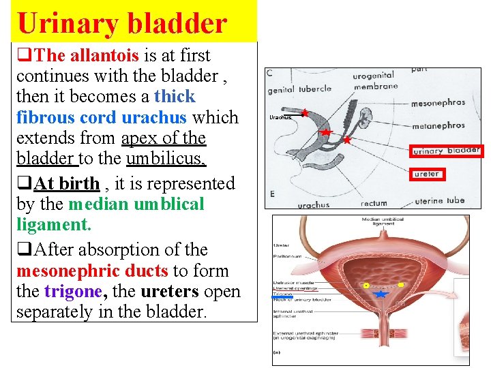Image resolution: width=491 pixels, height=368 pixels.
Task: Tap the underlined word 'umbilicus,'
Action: pos(166,159)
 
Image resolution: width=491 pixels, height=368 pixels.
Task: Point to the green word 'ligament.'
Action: pos(54,224)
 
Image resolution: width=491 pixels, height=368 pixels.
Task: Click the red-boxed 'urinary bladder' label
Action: pos(446,151)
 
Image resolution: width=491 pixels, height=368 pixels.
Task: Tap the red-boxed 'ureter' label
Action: pos(428,174)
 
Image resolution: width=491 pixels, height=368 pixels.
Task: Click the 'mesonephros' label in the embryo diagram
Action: pos(438,104)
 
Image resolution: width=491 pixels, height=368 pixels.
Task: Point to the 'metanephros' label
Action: pos(438,125)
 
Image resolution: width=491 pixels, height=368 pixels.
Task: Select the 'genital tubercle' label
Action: pos(299,89)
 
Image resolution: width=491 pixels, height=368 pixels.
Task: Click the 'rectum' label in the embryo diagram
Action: pos(374,203)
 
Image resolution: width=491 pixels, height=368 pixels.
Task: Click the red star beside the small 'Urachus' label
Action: pos(304,112)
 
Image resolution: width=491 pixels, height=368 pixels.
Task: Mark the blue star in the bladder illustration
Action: pos(381,294)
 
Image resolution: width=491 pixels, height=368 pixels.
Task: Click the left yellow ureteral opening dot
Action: pos(366,285)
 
